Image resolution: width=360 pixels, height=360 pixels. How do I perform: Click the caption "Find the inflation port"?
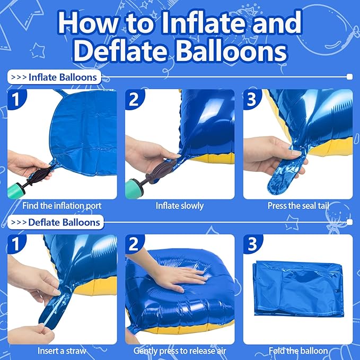point(62,206)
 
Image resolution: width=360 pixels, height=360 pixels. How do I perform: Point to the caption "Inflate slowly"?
point(180,206)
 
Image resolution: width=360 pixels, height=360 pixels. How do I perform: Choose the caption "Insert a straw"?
point(62,350)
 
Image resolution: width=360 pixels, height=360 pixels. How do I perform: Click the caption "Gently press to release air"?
point(180,350)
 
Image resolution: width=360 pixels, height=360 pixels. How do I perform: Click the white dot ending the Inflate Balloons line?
point(349,77)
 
